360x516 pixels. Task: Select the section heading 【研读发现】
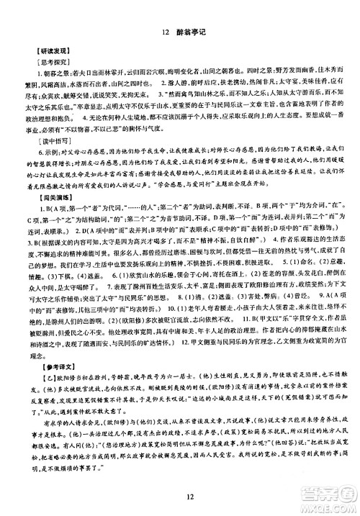click(41, 53)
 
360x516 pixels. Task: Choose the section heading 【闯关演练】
click(41, 214)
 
